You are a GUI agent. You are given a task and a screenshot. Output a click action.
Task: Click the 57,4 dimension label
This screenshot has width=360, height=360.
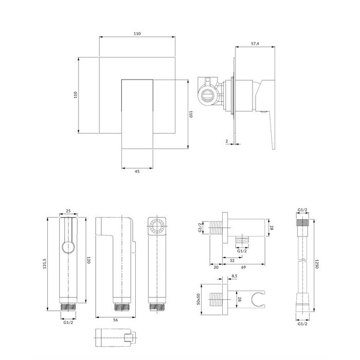(255, 44)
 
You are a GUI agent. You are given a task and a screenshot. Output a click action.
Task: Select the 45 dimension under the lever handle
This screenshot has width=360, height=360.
(137, 171)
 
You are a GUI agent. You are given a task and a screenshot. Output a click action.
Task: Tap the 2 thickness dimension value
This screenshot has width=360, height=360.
(227, 141)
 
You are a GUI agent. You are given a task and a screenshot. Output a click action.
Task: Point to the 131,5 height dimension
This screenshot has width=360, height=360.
(44, 263)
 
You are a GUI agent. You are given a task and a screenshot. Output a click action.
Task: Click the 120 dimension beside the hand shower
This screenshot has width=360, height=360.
(89, 260)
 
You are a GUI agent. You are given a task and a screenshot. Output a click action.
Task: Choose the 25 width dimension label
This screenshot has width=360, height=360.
(68, 211)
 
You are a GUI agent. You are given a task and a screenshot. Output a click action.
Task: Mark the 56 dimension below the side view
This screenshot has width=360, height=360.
(116, 320)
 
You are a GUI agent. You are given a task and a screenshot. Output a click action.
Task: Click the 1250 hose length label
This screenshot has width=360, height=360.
(317, 264)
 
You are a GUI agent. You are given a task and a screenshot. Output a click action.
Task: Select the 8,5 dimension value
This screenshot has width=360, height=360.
(235, 276)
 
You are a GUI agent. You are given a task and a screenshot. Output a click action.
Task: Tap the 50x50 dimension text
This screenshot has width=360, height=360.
(199, 299)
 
